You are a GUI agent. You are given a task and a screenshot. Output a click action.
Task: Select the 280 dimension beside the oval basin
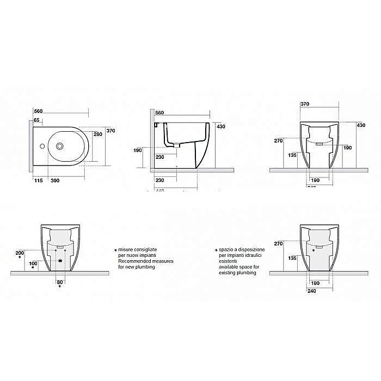coord(98,134)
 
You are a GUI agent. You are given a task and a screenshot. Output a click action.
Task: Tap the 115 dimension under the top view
coord(39,180)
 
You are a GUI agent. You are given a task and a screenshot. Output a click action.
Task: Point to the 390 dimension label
coord(55,180)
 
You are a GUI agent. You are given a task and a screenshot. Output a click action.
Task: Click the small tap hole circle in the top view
coord(41,146)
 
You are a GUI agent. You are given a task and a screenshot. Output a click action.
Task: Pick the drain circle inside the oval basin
coord(59,146)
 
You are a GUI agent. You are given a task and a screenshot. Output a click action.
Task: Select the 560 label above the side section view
coord(159,112)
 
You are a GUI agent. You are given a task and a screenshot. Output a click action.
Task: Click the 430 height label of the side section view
coord(221,126)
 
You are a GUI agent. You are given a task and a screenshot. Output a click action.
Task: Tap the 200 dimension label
coord(20,254)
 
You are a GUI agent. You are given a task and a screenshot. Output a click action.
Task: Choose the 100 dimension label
coord(33,263)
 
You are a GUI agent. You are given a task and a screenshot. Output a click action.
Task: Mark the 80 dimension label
coord(60,282)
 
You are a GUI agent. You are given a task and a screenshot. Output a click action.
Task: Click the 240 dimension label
coord(311,290)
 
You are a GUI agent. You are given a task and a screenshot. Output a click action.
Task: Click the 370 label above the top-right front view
coord(304,103)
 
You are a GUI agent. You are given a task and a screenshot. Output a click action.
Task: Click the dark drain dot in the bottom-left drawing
coord(60,261)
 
